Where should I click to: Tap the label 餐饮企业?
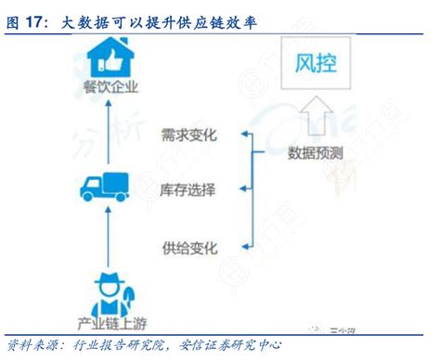pyautogui.click(x=110, y=89)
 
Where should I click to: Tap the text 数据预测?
pyautogui.click(x=314, y=154)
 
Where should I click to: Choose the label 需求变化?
pyautogui.click(x=188, y=135)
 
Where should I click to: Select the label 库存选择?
pyautogui.click(x=188, y=190)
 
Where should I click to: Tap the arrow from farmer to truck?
pyautogui.click(x=110, y=237)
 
